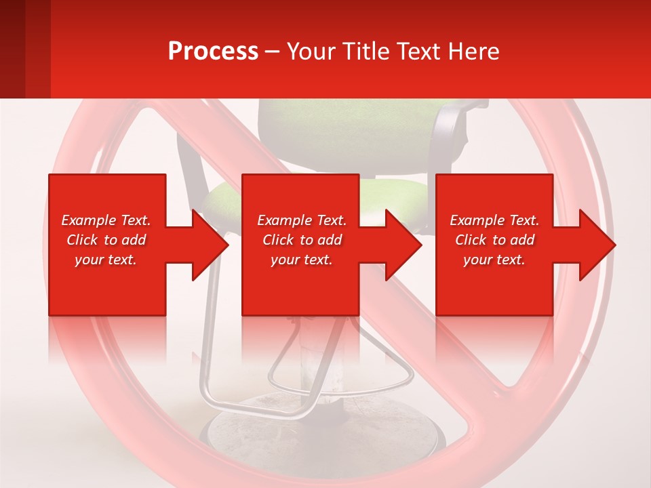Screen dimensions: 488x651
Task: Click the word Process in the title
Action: pyautogui.click(x=213, y=52)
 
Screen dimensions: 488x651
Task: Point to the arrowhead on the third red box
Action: pyautogui.click(x=596, y=245)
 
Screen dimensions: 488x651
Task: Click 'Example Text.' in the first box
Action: pyautogui.click(x=106, y=220)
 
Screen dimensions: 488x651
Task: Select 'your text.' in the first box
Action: pyautogui.click(x=106, y=260)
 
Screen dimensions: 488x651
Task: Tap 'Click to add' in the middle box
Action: pyautogui.click(x=302, y=240)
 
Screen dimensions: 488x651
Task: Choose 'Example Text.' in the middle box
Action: pyautogui.click(x=302, y=220)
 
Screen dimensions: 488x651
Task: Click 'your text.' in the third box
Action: pyautogui.click(x=494, y=260)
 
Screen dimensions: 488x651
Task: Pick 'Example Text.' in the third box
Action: pyautogui.click(x=494, y=220)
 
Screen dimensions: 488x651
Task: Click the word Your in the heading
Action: pyautogui.click(x=311, y=52)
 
